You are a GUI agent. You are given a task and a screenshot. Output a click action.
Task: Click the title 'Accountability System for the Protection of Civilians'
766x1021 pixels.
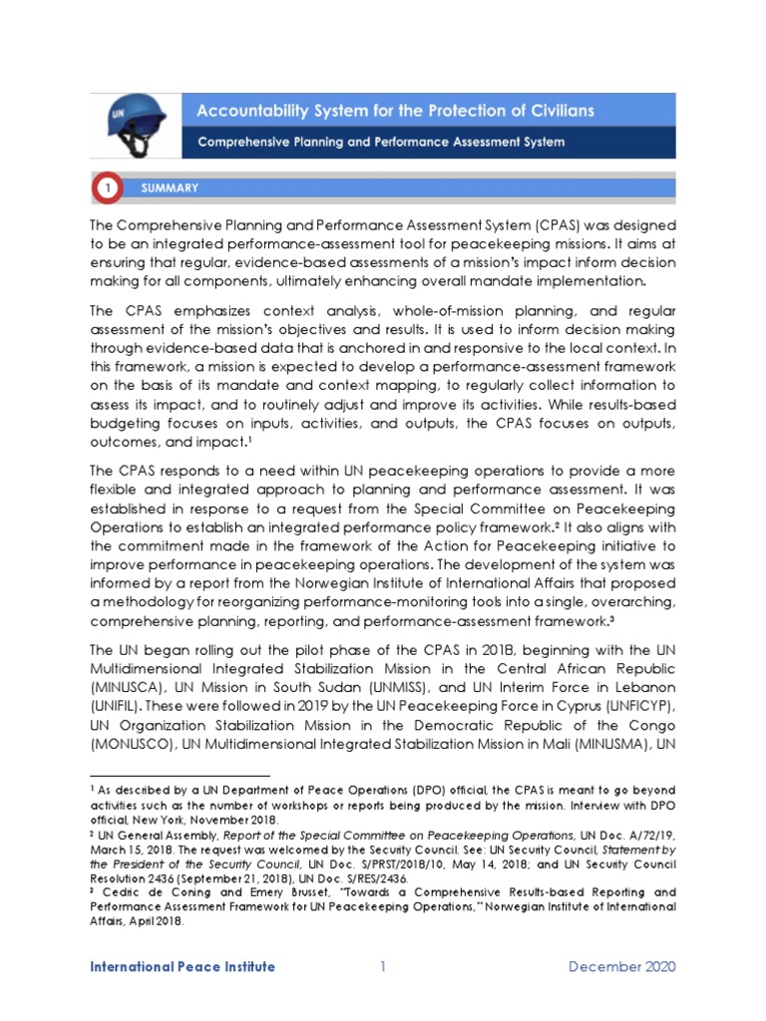coord(396,111)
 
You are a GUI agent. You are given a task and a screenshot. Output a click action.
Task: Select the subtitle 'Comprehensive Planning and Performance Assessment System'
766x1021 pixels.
coord(381,142)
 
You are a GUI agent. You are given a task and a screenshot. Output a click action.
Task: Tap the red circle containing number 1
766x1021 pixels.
coord(107,187)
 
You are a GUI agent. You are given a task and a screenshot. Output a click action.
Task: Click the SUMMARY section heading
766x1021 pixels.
coord(170,187)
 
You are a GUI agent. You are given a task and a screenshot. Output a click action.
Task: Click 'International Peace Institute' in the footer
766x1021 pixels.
coord(183,967)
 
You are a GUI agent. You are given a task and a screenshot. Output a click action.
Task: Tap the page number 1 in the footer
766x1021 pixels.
coord(382,967)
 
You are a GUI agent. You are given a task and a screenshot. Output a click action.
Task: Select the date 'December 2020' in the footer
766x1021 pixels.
coord(622,967)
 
